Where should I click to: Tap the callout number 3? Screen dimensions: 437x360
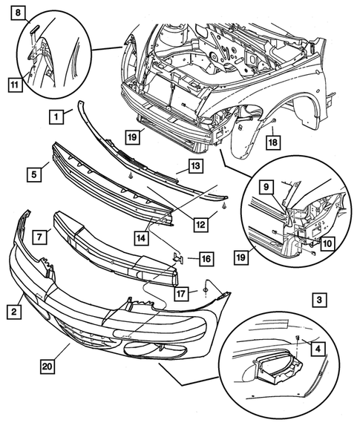[318, 300]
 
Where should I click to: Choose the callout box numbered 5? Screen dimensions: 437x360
[33, 175]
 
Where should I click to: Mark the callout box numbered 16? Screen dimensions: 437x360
[205, 259]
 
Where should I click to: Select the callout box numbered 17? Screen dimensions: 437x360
[182, 294]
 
